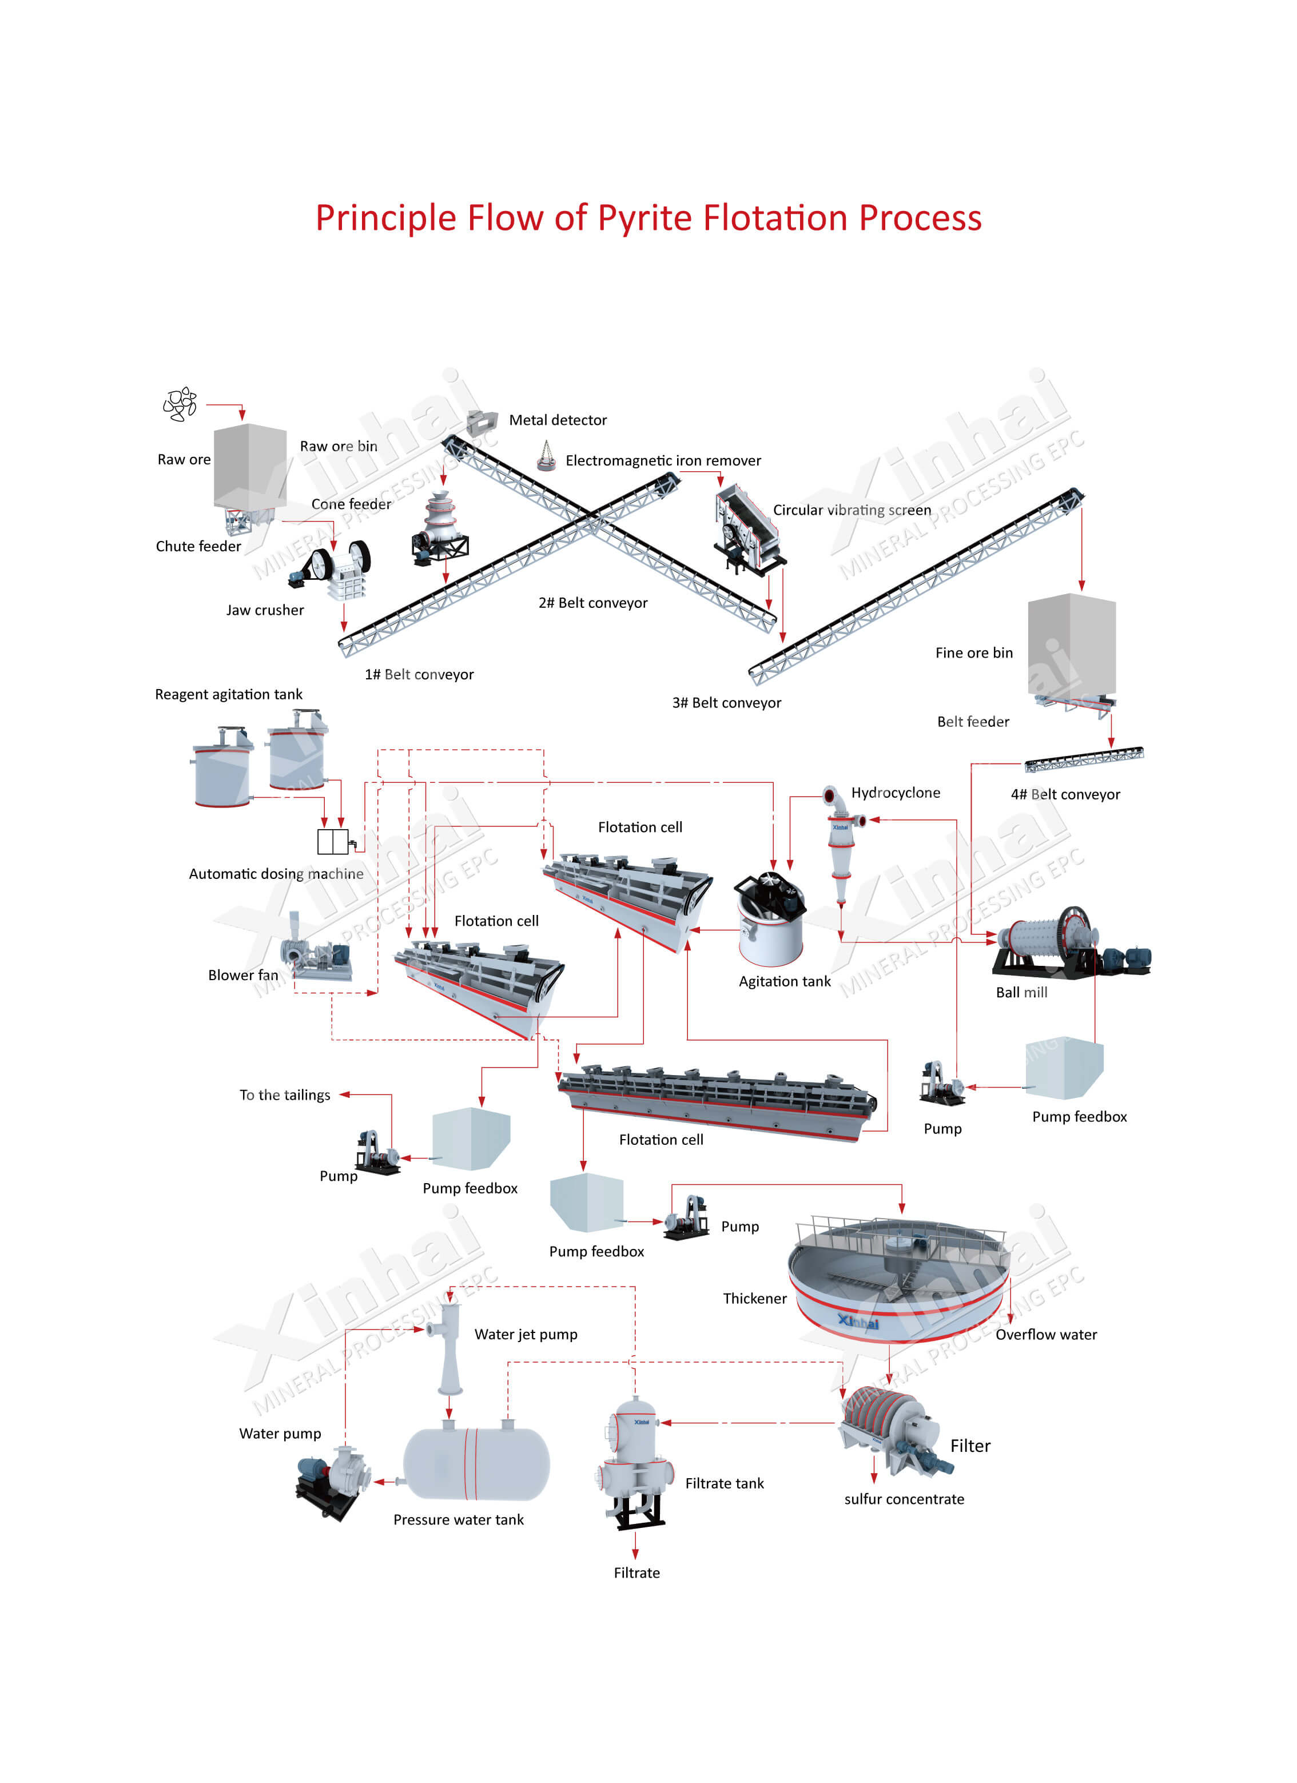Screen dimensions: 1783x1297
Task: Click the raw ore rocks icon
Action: pyautogui.click(x=180, y=404)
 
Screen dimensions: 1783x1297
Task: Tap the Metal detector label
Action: pyautogui.click(x=558, y=420)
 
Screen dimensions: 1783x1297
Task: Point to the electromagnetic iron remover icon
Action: pyautogui.click(x=546, y=456)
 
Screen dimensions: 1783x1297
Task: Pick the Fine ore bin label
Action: pyautogui.click(x=973, y=652)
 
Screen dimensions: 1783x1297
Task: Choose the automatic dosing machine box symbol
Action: pyautogui.click(x=332, y=841)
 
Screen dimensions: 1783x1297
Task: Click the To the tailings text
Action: pyautogui.click(x=285, y=1095)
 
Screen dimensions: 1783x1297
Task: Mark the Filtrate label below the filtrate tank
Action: pyautogui.click(x=636, y=1573)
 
